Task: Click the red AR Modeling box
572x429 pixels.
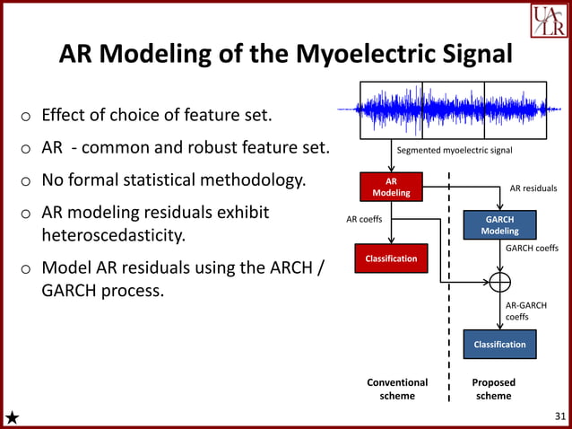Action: [x=391, y=187]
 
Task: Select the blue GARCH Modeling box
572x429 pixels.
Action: [x=499, y=224]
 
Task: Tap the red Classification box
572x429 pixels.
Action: [x=391, y=258]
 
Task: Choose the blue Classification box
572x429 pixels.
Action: [x=499, y=345]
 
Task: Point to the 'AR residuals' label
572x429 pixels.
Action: [x=533, y=189]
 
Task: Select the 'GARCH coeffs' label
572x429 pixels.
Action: [x=532, y=249]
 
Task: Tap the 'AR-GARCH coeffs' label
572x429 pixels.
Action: [x=525, y=311]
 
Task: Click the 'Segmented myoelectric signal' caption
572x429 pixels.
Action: [x=455, y=151]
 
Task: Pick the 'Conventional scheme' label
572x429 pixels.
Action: [x=397, y=389]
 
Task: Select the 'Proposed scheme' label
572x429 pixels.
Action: [x=493, y=389]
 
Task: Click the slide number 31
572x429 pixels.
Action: [x=559, y=416]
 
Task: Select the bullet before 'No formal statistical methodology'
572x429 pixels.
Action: [x=27, y=181]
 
